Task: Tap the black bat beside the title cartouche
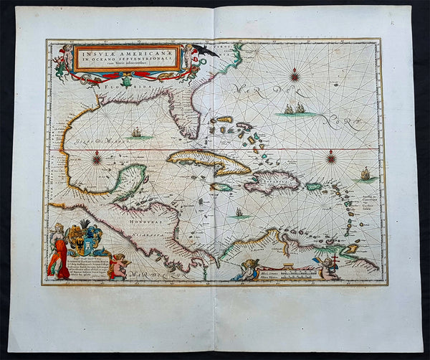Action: coord(206,50)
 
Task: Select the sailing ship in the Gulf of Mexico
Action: coord(136,133)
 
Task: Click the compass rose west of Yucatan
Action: coord(96,159)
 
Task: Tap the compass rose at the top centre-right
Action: coord(295,75)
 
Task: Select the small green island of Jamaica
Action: coord(222,187)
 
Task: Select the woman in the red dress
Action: coord(57,252)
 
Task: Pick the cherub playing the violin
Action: coord(120,266)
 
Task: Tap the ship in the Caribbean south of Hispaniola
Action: coord(238,212)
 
